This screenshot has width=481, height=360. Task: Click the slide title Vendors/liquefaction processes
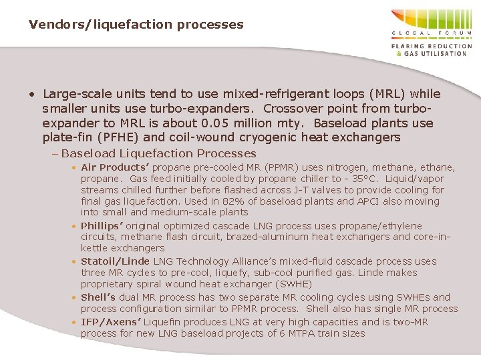click(x=136, y=25)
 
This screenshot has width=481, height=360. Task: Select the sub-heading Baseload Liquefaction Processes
click(x=158, y=153)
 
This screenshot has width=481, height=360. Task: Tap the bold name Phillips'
click(x=102, y=226)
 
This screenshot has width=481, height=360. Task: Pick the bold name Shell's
click(x=98, y=297)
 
